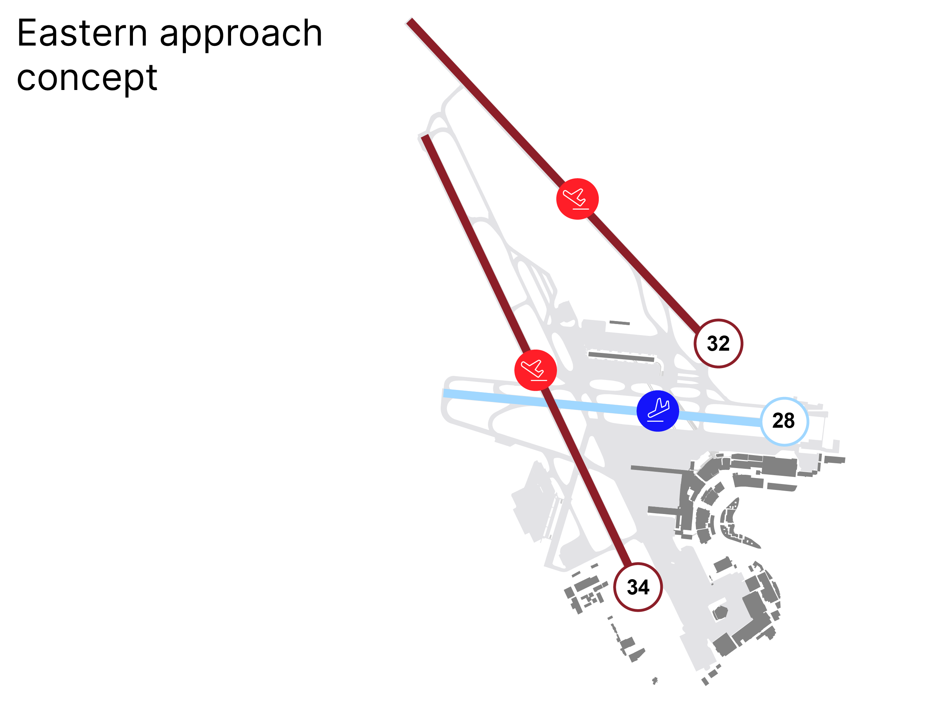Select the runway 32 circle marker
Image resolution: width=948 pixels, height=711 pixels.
tap(718, 343)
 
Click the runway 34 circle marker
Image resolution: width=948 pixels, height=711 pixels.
tap(638, 587)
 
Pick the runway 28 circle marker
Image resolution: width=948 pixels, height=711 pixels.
tap(784, 421)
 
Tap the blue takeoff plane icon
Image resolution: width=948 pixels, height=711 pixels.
tap(658, 411)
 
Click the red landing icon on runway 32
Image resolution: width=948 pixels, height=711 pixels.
tap(577, 199)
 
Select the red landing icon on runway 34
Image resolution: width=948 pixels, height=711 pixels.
tap(536, 370)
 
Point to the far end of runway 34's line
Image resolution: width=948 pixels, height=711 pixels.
tap(425, 137)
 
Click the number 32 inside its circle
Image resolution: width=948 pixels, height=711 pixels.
tap(718, 343)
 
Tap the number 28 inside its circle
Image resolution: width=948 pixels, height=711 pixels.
tap(784, 420)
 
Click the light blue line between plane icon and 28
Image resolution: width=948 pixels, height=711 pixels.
tap(720, 418)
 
